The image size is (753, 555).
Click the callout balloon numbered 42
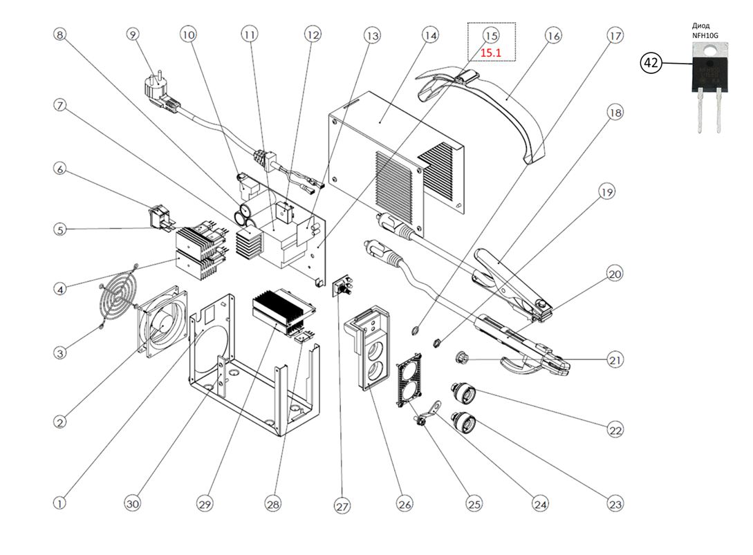tap(651, 62)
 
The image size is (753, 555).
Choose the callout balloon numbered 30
tap(133, 505)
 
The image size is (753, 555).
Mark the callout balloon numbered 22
tap(615, 430)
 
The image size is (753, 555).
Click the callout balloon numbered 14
tap(430, 35)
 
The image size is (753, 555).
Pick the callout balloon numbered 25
tap(474, 505)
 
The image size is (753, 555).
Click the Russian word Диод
tap(700, 25)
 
